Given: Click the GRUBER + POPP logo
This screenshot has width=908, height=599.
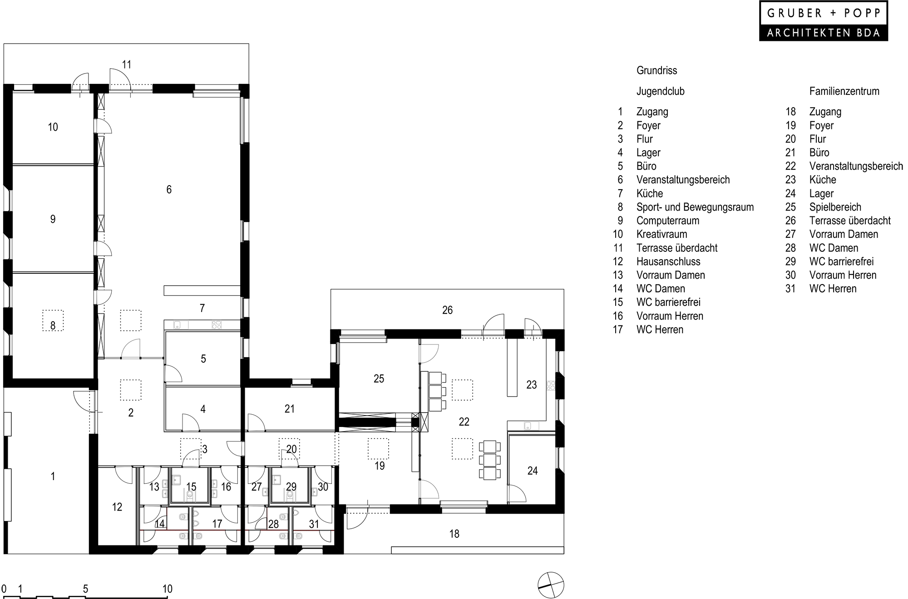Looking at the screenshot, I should [x=823, y=21].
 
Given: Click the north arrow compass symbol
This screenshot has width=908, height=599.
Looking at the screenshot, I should [x=550, y=585].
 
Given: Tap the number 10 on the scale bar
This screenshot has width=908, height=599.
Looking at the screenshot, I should [x=167, y=589].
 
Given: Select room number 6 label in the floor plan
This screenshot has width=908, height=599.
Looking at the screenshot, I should [x=169, y=190].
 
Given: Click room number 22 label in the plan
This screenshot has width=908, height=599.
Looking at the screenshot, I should [x=464, y=422].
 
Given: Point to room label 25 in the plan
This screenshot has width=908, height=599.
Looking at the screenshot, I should [x=379, y=378].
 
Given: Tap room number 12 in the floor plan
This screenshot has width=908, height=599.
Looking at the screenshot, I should [x=117, y=507].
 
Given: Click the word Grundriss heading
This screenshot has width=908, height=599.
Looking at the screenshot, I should [x=656, y=70].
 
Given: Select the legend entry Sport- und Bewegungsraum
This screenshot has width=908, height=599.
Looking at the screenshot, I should [x=695, y=207].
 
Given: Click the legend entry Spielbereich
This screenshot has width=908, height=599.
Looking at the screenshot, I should [x=835, y=207].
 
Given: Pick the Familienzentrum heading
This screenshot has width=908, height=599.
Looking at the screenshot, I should [x=844, y=91].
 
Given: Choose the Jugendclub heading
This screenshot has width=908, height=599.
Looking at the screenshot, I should [x=660, y=91].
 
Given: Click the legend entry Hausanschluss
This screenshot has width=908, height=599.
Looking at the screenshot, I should [x=668, y=261].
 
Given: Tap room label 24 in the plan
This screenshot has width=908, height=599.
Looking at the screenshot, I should [x=532, y=471].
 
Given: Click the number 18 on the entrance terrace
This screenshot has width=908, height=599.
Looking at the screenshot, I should [x=454, y=534].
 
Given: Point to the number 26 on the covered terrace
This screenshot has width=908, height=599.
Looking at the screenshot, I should [x=447, y=310].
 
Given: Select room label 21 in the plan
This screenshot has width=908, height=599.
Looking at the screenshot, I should [x=289, y=409].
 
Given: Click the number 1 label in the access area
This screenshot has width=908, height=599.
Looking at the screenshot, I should [x=53, y=476].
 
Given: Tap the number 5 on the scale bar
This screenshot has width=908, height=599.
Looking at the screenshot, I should [x=85, y=589].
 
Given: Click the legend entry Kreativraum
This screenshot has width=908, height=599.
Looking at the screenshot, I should [x=661, y=234].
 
